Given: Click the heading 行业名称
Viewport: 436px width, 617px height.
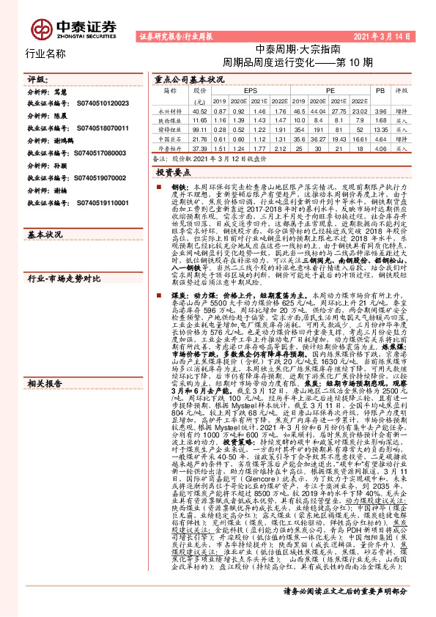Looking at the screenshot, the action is click(x=45, y=53).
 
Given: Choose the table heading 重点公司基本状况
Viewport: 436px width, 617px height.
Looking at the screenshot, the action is click(x=188, y=78).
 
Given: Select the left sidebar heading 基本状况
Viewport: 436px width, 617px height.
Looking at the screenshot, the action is click(x=45, y=235).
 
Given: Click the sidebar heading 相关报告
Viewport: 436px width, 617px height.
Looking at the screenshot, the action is click(x=45, y=425).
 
